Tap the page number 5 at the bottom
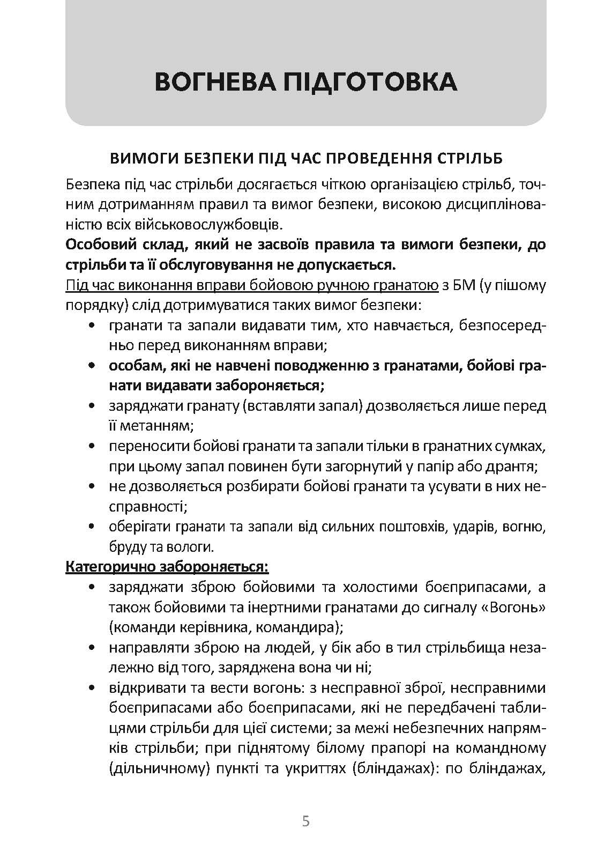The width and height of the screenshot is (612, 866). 306,821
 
